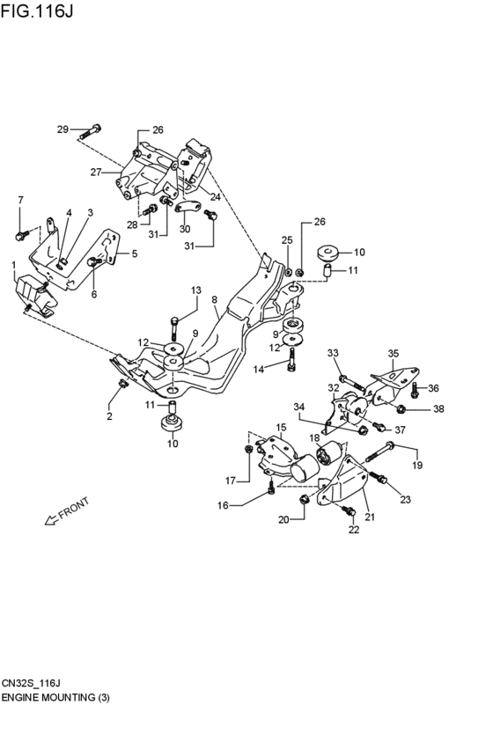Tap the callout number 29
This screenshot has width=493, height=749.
pyautogui.click(x=63, y=130)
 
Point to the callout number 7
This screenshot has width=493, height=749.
pyautogui.click(x=20, y=201)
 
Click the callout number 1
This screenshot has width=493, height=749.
pyautogui.click(x=13, y=264)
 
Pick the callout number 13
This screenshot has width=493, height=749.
pyautogui.click(x=196, y=290)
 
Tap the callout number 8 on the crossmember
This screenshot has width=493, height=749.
pyautogui.click(x=214, y=300)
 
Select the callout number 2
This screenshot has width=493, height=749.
pyautogui.click(x=110, y=415)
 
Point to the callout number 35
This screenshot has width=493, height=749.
pyautogui.click(x=393, y=354)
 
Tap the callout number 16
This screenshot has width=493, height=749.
pyautogui.click(x=224, y=505)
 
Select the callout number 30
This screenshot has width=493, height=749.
pyautogui.click(x=185, y=229)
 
